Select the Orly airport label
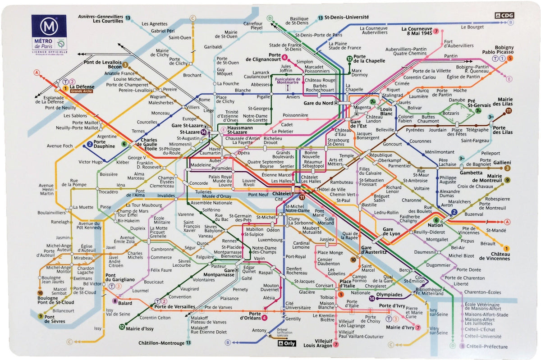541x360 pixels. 288,342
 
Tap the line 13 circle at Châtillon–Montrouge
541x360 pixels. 188,343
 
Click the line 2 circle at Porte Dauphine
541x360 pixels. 89,145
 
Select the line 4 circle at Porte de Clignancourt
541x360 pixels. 284,57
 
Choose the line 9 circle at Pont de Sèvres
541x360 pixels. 40,316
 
